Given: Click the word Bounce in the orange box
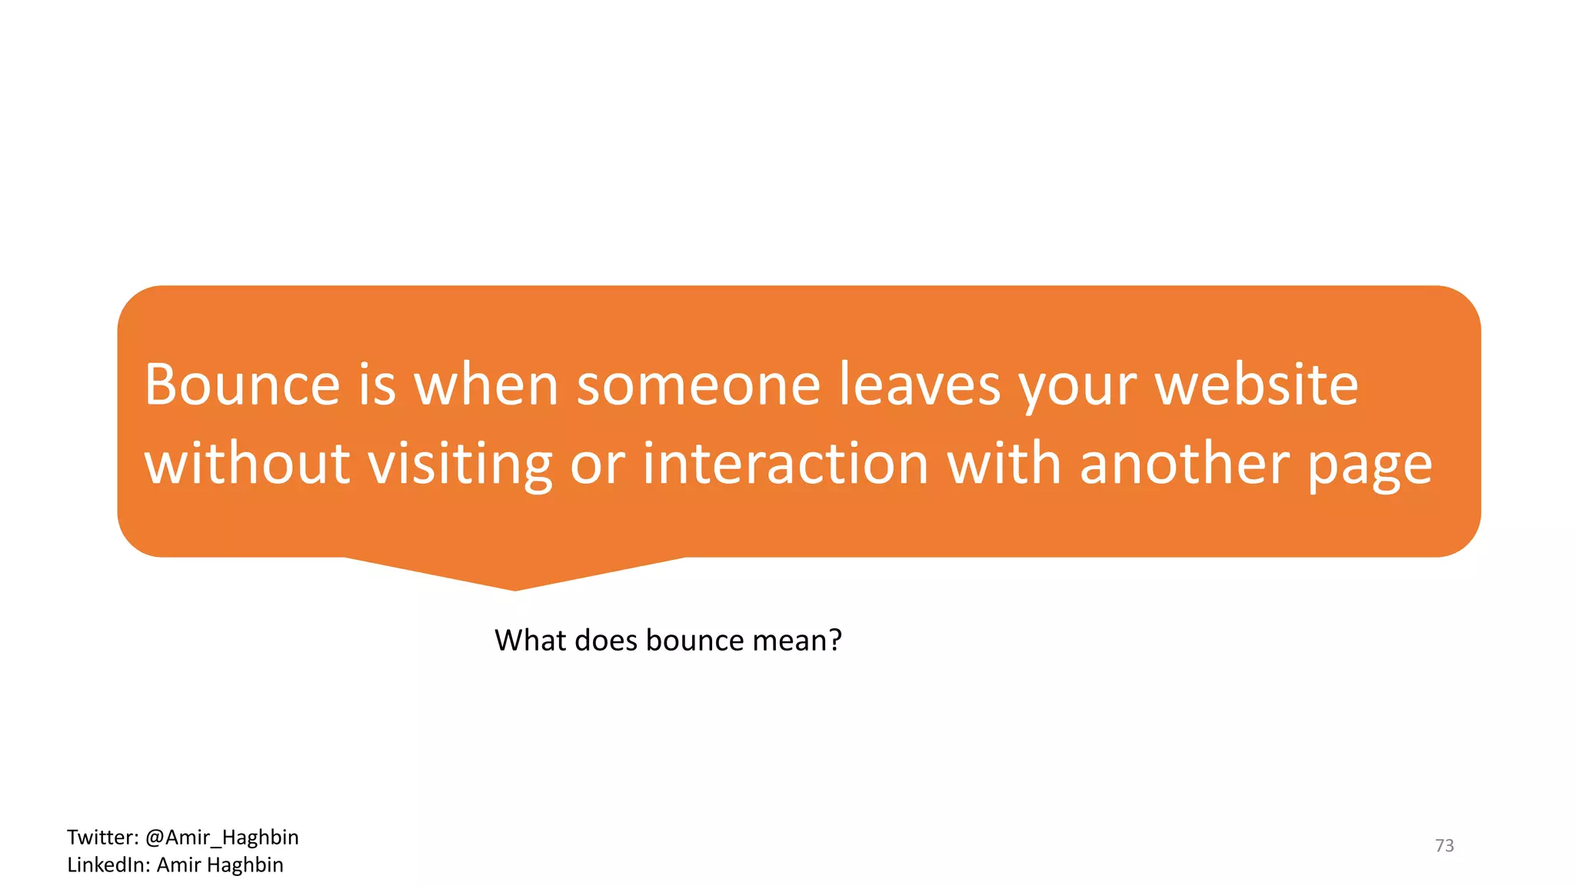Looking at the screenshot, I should (242, 385).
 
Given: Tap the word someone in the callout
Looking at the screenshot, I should (698, 385).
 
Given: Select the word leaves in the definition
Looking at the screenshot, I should (920, 385).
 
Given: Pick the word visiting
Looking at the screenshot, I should (459, 464).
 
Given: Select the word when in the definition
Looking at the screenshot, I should (486, 385).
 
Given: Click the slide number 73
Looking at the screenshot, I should (1444, 846).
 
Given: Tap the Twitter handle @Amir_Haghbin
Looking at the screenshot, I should (221, 838).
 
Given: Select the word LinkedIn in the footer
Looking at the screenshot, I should (108, 865).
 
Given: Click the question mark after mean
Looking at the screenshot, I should (835, 640).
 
